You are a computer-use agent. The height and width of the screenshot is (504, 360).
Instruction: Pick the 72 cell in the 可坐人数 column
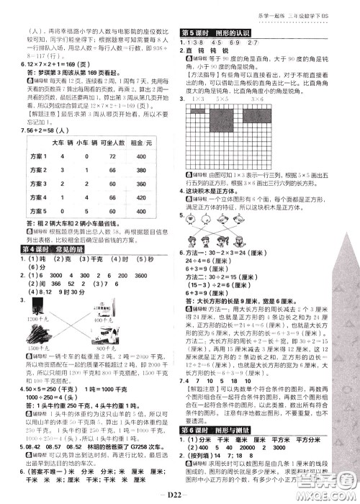pos(130,156)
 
